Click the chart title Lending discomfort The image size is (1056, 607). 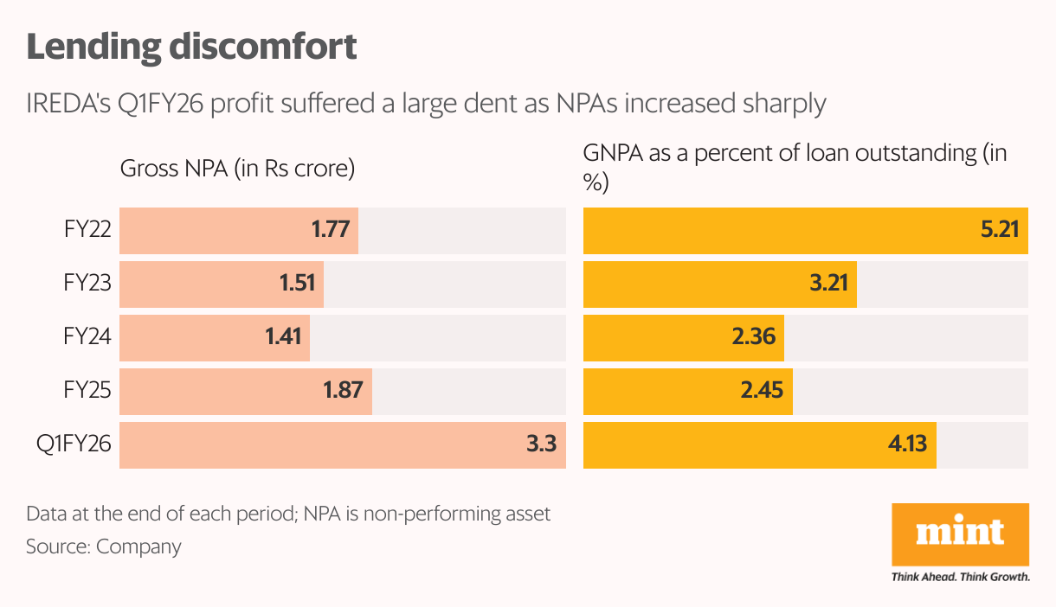point(191,48)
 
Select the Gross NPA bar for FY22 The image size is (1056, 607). point(239,231)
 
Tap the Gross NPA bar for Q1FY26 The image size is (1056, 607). point(342,445)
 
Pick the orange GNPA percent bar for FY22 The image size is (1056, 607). point(805,231)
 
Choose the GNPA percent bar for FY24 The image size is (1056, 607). point(684,338)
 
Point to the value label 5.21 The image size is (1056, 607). point(999,231)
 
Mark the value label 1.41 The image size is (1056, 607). point(283,338)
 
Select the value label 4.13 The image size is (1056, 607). point(906,445)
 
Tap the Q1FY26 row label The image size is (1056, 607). point(74,445)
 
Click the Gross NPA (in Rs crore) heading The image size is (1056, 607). point(238,169)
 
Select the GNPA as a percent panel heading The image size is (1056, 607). point(795,168)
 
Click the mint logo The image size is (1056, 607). point(960,533)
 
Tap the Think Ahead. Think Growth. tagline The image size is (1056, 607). point(960,576)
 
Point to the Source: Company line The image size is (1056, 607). point(104,546)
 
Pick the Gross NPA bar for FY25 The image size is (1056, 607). point(246,392)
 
